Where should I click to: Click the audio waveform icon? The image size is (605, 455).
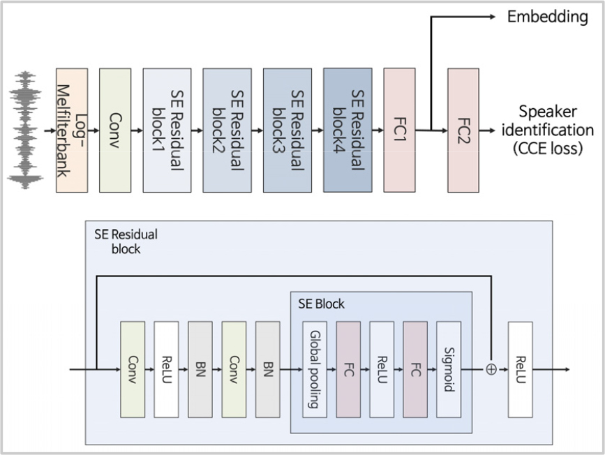tap(27, 130)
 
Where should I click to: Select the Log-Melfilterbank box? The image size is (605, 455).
tap(71, 130)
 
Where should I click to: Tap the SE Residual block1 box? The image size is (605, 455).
tap(162, 130)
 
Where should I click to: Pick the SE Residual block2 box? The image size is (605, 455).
tap(222, 130)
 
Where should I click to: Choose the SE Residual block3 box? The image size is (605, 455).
tap(283, 130)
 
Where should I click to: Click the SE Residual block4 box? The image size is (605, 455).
tap(343, 130)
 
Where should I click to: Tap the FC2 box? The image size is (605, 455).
tap(463, 130)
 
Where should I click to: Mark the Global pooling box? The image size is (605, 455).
tap(315, 368)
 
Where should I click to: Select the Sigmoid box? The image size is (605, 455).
tap(449, 368)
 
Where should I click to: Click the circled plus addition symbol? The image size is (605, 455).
tap(491, 369)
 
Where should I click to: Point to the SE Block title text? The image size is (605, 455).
tap(321, 304)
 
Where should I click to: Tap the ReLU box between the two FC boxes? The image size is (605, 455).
tap(382, 368)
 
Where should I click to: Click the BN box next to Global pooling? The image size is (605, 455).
tap(268, 368)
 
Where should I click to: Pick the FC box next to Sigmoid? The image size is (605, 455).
tap(414, 368)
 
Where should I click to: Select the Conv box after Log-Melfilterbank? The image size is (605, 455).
tap(115, 130)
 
